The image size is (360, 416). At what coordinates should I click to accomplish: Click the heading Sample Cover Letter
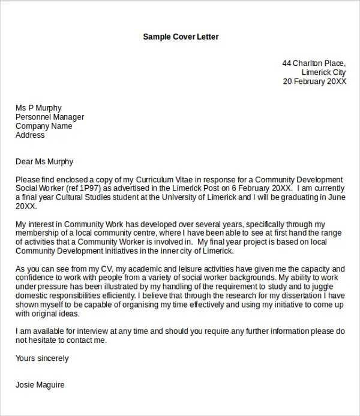(181, 37)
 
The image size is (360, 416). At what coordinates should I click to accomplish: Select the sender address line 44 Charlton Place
(314, 63)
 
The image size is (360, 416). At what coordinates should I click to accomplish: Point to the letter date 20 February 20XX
(314, 82)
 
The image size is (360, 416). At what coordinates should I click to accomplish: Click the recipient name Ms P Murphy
(38, 108)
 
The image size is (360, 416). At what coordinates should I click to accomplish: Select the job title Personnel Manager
(50, 117)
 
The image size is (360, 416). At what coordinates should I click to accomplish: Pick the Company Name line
(44, 126)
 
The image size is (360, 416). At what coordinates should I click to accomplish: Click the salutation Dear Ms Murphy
(44, 161)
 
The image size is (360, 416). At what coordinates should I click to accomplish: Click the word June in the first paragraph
(336, 197)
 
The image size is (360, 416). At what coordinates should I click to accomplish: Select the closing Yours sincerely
(42, 358)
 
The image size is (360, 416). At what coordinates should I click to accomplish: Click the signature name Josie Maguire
(40, 385)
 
